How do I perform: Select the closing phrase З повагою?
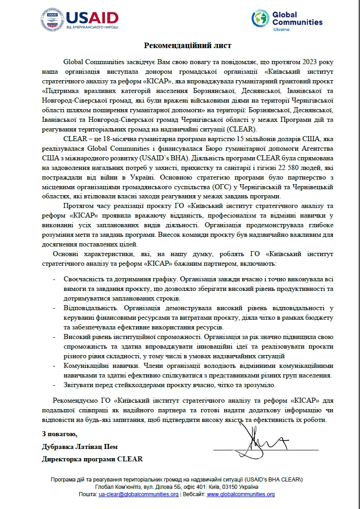point(57,433)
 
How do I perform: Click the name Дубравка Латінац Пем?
point(76,446)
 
